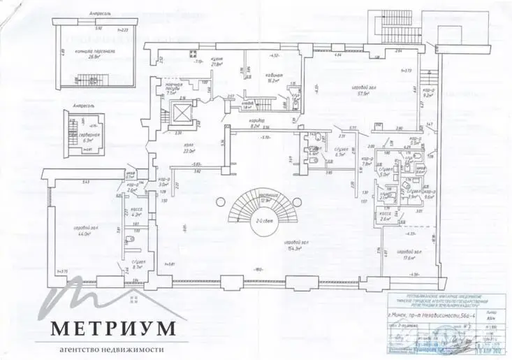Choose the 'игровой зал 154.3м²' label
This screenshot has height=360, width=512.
tap(298, 245)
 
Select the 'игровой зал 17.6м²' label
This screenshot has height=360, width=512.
tap(405, 254)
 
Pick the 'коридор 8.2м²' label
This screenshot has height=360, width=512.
tap(256, 127)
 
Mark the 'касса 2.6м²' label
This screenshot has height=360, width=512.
tap(386, 217)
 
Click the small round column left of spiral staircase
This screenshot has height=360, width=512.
tap(219, 202)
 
